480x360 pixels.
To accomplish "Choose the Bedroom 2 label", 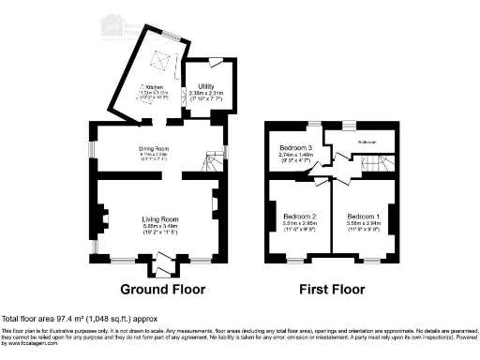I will click(x=300, y=217).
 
